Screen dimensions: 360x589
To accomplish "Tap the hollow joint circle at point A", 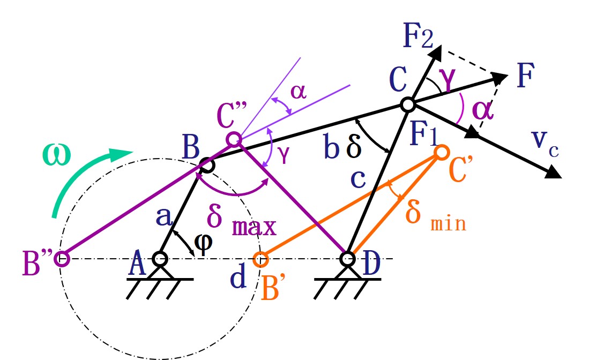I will [159, 259].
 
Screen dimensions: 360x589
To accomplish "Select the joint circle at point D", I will [348, 259].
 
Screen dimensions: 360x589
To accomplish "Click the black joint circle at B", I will [208, 165].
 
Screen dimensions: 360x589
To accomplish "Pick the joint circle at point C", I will [407, 104].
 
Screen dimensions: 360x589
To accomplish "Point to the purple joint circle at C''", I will [233, 140].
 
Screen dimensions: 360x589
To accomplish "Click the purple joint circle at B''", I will [63, 259].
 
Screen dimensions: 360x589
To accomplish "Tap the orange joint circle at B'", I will [260, 259].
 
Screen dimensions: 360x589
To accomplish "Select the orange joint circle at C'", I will [441, 152].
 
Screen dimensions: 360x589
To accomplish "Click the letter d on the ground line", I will [240, 277].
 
